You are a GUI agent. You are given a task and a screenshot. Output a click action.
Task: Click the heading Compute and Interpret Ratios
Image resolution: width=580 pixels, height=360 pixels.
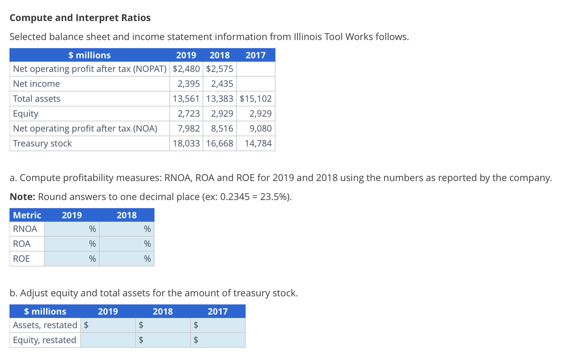pos(80,18)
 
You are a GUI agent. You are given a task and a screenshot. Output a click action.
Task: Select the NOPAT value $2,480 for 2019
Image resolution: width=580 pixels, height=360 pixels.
pos(186,69)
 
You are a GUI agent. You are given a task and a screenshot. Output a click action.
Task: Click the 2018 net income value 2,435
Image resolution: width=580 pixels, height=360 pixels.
pos(222,84)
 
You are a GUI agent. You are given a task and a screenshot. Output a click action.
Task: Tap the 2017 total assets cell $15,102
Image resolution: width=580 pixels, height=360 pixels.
pos(255,99)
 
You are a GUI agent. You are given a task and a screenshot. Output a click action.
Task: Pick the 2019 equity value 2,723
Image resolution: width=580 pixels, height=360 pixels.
pos(189,114)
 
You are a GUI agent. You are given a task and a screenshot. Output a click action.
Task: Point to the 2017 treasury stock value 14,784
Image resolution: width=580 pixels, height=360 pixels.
pos(258,143)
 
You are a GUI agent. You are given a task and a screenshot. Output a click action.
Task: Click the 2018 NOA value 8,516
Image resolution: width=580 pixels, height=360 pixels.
pos(222,128)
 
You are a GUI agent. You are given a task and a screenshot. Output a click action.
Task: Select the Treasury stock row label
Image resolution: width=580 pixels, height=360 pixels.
pos(42,143)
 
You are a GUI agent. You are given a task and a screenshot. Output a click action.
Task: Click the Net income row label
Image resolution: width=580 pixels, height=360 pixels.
pos(36,84)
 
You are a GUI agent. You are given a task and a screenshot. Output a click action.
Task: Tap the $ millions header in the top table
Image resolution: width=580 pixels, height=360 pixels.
pos(89,55)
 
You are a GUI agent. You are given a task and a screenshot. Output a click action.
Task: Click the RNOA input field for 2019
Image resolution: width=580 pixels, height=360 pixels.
pos(68,229)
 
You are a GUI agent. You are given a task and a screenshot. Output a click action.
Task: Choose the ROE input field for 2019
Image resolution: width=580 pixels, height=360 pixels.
pos(68,259)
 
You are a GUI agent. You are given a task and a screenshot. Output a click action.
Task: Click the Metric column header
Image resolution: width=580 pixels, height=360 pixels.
pos(27,215)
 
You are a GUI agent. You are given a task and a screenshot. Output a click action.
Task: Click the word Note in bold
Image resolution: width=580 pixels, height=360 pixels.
pos(22,197)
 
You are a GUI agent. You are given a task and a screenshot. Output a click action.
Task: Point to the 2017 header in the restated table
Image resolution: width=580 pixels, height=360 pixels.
pos(217,312)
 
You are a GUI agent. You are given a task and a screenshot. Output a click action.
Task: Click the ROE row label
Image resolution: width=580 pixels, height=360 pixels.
pos(21,259)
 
